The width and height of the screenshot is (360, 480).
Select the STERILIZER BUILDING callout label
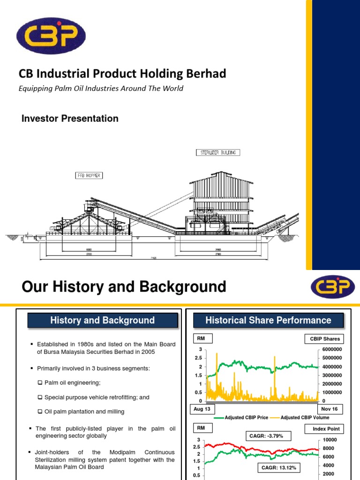(x=217, y=152)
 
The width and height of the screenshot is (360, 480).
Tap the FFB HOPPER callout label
(x=88, y=175)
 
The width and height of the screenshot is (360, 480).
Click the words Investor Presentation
(x=70, y=119)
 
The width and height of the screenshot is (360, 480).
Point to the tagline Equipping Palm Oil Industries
(x=100, y=89)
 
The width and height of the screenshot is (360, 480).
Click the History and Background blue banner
(x=102, y=321)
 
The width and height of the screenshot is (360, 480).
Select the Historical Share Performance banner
(x=269, y=321)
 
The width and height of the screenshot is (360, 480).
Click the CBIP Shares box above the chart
(x=325, y=339)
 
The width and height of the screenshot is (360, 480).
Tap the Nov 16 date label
(x=329, y=409)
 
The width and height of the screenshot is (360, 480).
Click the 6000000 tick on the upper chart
(x=331, y=350)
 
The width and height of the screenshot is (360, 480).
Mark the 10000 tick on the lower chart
(x=328, y=440)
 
